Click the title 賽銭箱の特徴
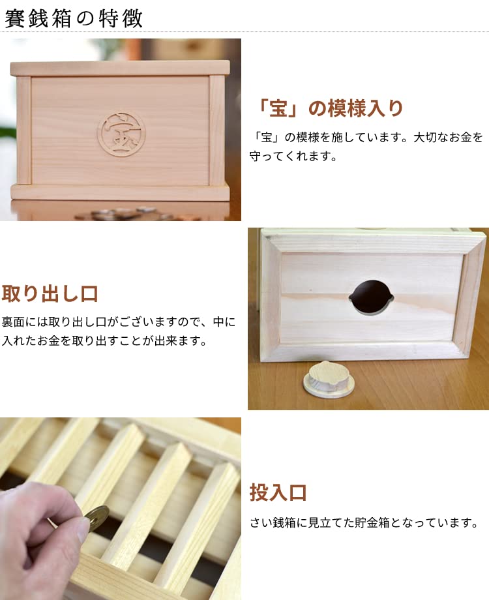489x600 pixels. pyautogui.click(x=73, y=18)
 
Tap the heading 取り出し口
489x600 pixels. pyautogui.click(x=50, y=294)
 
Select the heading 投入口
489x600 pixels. pyautogui.click(x=278, y=492)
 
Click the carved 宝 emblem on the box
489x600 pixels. pyautogui.click(x=121, y=132)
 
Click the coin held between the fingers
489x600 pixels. pyautogui.click(x=96, y=518)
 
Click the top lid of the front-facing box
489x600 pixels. pyautogui.click(x=120, y=68)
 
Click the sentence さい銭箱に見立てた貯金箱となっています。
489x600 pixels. pyautogui.click(x=364, y=523)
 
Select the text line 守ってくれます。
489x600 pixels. pyautogui.click(x=293, y=157)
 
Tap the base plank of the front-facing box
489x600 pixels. pyautogui.click(x=120, y=192)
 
